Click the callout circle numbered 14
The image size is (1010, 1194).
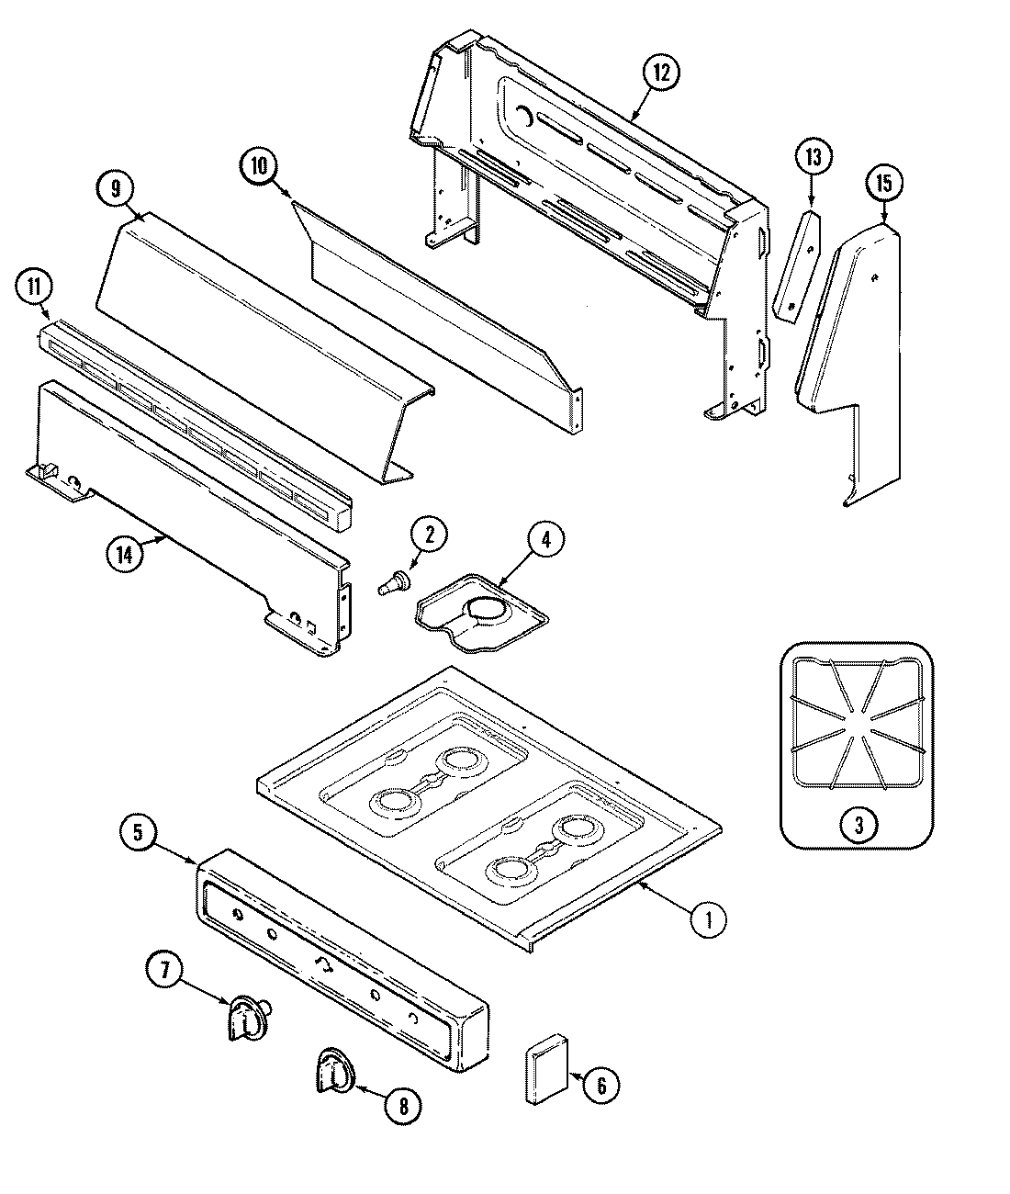point(125,555)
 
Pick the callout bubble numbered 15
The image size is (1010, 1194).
point(882,184)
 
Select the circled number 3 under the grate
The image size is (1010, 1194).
point(858,825)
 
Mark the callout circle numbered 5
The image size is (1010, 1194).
point(138,834)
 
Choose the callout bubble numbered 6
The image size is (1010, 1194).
point(601,1086)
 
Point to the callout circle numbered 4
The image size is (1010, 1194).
point(545,541)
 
